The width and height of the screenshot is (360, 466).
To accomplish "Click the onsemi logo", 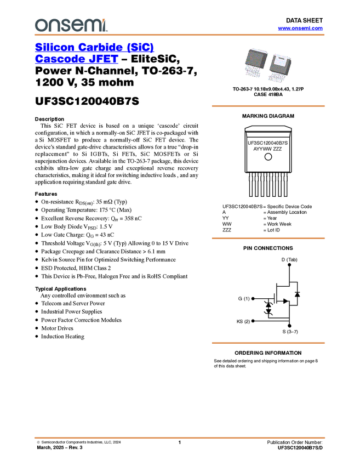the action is point(70,25).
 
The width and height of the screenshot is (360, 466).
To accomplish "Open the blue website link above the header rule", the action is point(300,29).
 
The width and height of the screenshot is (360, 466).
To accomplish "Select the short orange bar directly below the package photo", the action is point(268,106).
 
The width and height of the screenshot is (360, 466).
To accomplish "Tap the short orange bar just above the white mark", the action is point(268,238).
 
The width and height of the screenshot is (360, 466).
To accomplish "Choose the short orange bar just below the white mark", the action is point(268,343).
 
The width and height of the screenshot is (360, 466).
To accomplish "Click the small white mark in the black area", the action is point(275,298).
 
